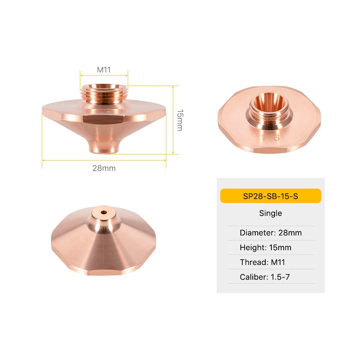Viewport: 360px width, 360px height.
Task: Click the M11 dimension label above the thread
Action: pos(104,70)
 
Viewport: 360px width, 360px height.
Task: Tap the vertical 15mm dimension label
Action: pos(180,120)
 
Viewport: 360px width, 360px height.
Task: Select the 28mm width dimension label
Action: pos(104,168)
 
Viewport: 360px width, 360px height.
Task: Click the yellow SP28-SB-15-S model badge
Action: pos(270,196)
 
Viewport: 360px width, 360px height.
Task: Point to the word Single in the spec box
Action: pos(270,213)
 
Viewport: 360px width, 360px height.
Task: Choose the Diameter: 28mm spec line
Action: pos(270,233)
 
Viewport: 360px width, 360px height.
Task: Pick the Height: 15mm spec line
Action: pos(265,247)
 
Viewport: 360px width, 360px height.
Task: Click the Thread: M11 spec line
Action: pos(262,262)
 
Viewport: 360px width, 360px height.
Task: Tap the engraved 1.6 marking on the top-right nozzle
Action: pos(267,137)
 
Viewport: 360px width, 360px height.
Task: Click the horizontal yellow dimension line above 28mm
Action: pos(104,160)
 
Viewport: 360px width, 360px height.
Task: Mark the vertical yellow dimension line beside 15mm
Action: pos(173,120)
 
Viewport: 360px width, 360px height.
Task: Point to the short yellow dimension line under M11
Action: pos(104,75)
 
